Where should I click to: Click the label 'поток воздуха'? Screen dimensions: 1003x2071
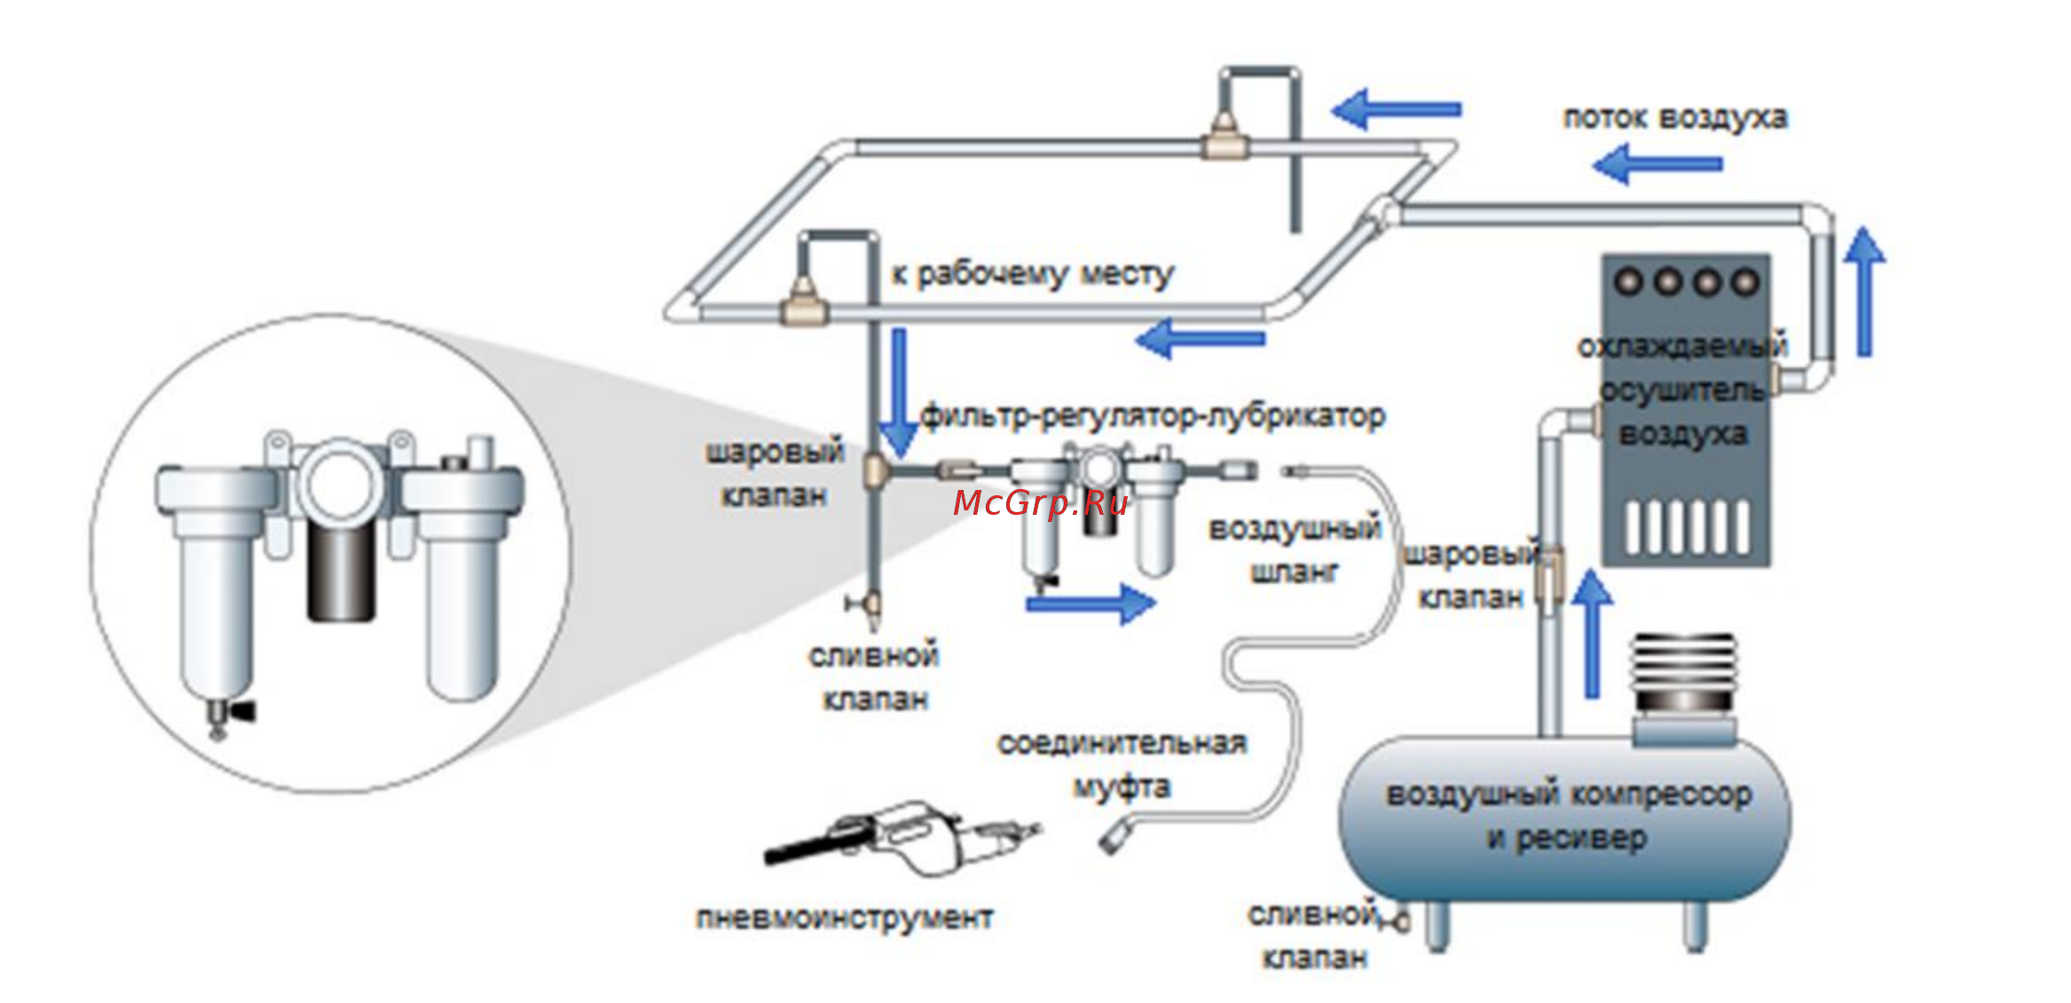[x=1674, y=118]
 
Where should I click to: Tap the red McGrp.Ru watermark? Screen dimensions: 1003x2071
[x=1040, y=503]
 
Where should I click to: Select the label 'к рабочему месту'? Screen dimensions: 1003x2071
[x=1032, y=274]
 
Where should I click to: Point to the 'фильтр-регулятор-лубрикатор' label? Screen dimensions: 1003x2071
[x=1153, y=415]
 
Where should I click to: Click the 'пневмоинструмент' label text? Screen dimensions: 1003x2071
[x=844, y=918]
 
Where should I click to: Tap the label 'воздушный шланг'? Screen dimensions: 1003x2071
[x=1295, y=550]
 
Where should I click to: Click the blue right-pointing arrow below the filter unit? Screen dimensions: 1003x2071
[x=1091, y=604]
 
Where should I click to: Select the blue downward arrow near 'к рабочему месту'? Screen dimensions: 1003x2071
[x=899, y=391]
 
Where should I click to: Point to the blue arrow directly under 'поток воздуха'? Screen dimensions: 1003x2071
[x=1657, y=164]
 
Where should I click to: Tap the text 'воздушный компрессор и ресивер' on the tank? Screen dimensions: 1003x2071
[x=1569, y=816]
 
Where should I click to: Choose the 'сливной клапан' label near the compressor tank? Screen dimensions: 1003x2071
[x=1313, y=936]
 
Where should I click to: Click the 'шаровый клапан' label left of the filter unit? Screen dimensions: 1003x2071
[x=774, y=473]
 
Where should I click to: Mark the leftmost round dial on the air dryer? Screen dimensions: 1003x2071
[x=1629, y=281]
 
